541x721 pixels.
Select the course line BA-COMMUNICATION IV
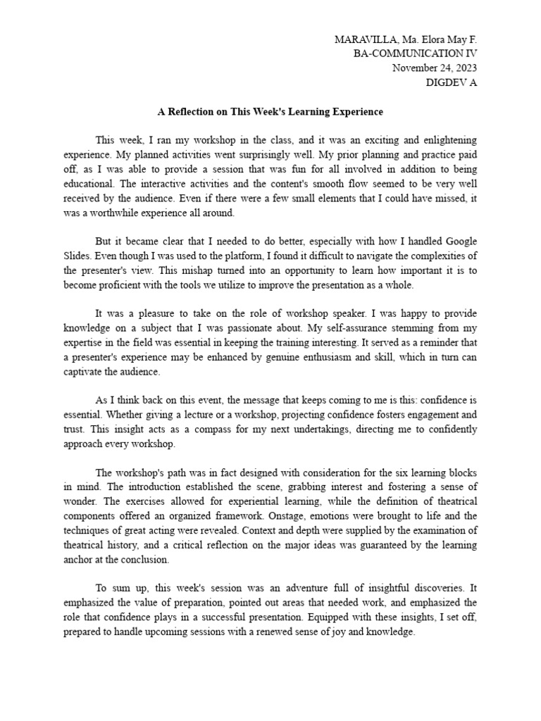(415, 54)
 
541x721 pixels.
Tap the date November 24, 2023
(434, 68)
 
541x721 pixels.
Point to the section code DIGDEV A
(452, 82)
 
